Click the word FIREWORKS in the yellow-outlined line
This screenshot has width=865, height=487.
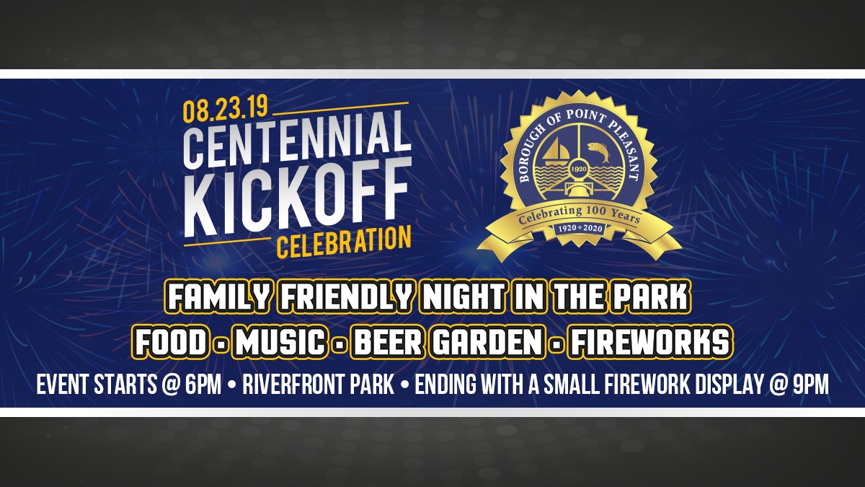[x=648, y=342]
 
